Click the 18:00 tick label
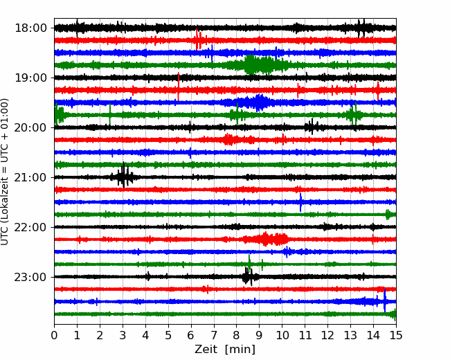(x=30, y=28)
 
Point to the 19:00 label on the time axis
(x=30, y=78)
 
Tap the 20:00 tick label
(x=30, y=127)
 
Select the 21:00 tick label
(x=30, y=177)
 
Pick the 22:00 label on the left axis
(x=30, y=227)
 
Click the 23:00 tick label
(x=30, y=277)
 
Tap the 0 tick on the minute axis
(x=54, y=335)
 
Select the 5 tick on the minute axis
(x=168, y=335)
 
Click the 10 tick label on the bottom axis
(x=282, y=335)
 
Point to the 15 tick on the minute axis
(x=396, y=335)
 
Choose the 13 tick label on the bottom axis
(x=350, y=335)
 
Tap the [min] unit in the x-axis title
(x=240, y=350)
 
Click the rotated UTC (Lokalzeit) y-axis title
(x=5, y=172)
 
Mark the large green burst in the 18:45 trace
(x=260, y=65)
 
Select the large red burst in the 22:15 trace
(x=267, y=239)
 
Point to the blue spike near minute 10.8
(x=300, y=202)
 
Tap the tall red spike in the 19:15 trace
(x=179, y=87)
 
